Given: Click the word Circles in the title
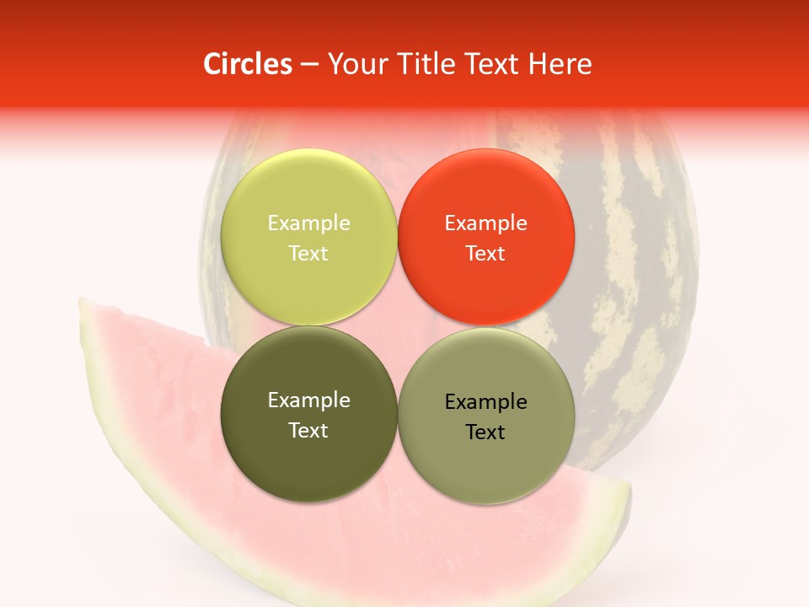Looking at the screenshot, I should [248, 64].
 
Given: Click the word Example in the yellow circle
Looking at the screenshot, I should [308, 223].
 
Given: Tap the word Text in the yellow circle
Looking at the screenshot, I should [308, 253].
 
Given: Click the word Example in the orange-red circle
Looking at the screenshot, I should [485, 223].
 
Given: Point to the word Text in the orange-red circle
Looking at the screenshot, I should [485, 253].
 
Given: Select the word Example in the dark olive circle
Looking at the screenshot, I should [308, 400].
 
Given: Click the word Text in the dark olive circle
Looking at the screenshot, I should [308, 430].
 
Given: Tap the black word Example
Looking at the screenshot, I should [485, 401].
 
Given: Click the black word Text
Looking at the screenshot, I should [485, 432].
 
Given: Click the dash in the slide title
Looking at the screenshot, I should [309, 65].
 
